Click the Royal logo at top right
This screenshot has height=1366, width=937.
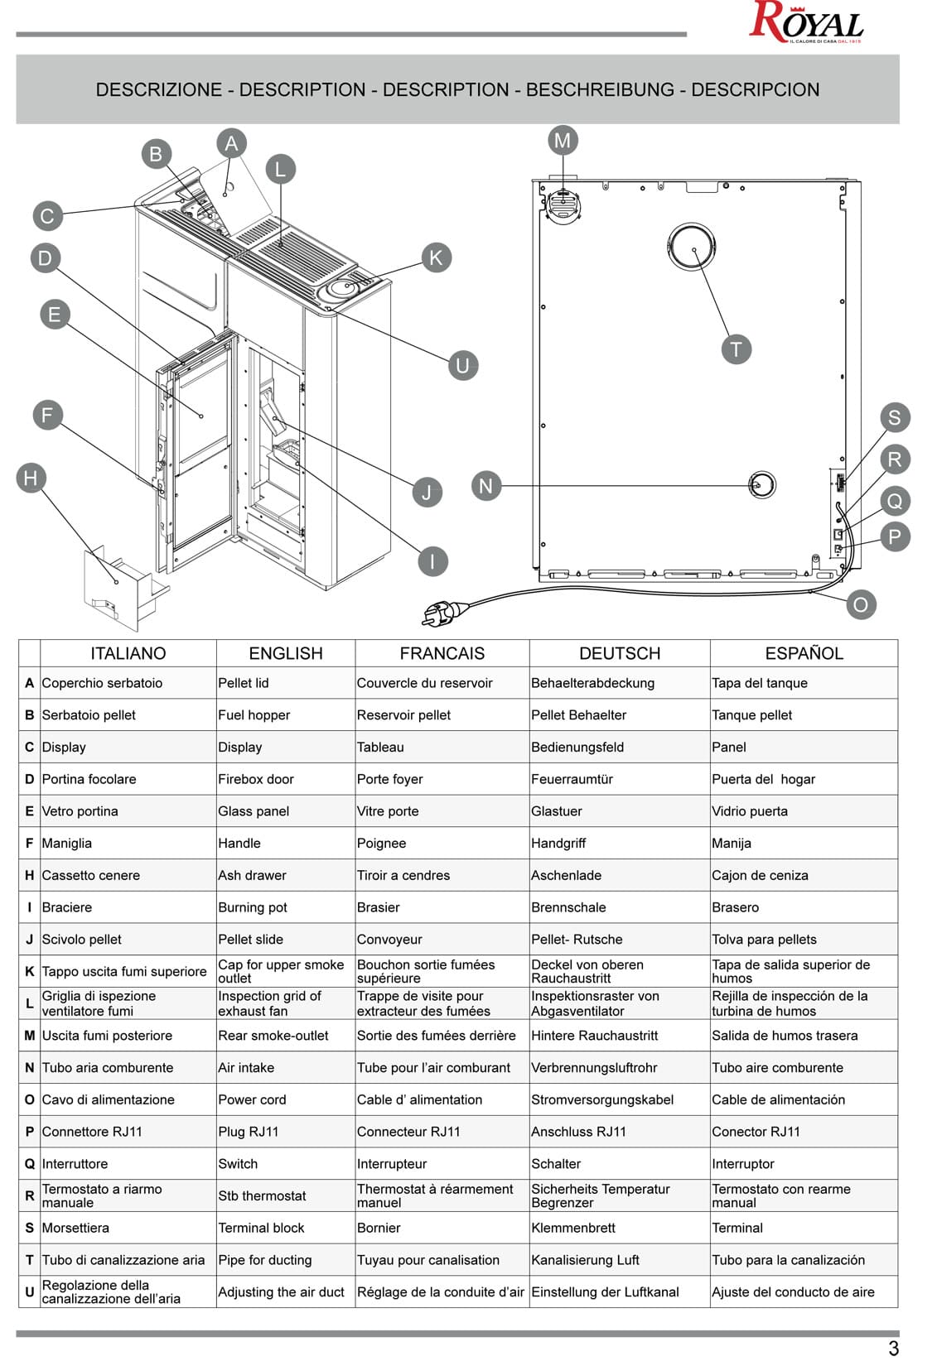point(805,22)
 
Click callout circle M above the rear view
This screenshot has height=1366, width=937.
point(563,141)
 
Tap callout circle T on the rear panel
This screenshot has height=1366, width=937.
point(736,349)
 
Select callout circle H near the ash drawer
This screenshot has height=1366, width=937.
point(31,478)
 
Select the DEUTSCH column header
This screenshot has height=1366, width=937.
point(619,653)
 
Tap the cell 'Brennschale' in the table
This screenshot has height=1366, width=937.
point(568,907)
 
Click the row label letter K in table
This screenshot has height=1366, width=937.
point(29,971)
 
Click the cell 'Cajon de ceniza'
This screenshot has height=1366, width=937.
point(759,875)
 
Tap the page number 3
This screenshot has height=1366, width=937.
point(893,1348)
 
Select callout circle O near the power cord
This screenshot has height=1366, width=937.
point(860,604)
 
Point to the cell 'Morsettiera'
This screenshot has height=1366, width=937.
point(75,1228)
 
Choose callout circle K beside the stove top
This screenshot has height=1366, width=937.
point(436,257)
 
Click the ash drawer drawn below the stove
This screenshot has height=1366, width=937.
point(120,589)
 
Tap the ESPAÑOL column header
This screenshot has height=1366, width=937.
point(803,653)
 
